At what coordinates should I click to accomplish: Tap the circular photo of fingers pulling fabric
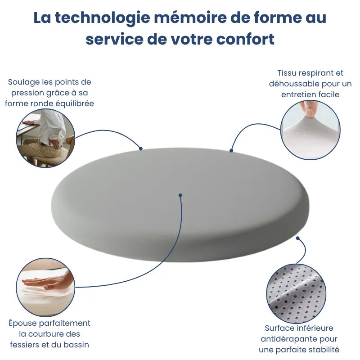point(310,130)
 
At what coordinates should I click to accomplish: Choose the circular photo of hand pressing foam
point(45,287)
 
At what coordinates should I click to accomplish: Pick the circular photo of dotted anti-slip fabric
point(295,292)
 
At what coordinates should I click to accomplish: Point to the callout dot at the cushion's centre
point(180,195)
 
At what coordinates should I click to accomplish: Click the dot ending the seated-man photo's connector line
point(141,148)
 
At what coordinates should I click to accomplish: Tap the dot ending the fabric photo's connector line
point(231,150)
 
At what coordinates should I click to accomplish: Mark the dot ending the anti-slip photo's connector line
point(297,238)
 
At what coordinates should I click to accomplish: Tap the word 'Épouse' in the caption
point(22,323)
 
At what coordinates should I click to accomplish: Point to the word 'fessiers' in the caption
point(24,345)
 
